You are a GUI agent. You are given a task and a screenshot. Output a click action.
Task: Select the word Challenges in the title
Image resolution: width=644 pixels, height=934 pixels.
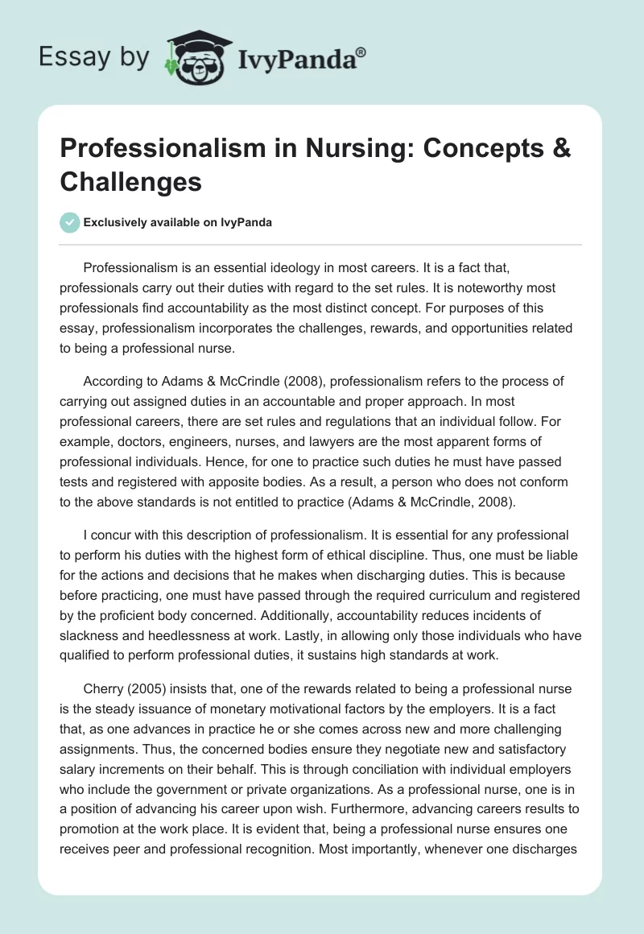pos(130,181)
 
